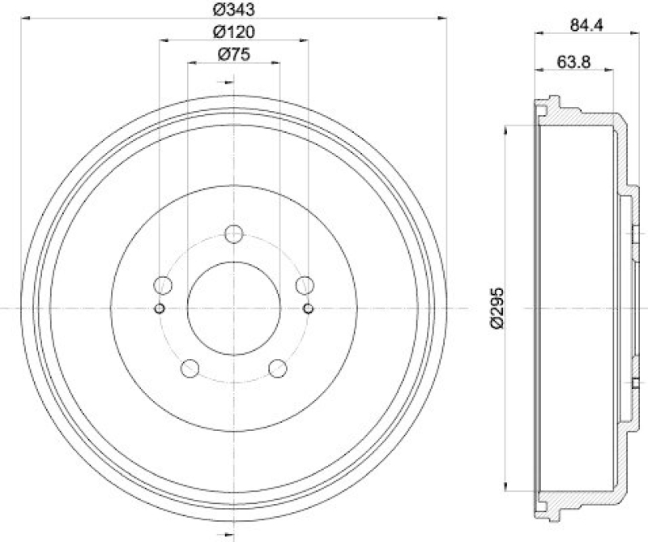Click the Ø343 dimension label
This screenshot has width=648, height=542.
(x=233, y=9)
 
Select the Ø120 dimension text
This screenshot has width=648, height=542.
(x=233, y=32)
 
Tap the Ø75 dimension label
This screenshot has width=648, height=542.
(x=233, y=54)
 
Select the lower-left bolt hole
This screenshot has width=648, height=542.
(x=190, y=369)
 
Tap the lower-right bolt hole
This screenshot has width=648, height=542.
(x=278, y=369)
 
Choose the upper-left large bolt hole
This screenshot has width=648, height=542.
(x=163, y=284)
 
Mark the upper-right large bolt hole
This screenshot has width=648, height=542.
(x=305, y=284)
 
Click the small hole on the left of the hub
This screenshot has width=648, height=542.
(x=160, y=309)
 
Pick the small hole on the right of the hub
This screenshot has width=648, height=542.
(x=308, y=309)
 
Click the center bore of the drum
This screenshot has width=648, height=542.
(x=234, y=309)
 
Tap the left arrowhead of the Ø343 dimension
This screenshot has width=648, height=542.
(x=25, y=15)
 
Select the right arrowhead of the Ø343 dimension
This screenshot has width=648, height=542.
(x=443, y=15)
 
